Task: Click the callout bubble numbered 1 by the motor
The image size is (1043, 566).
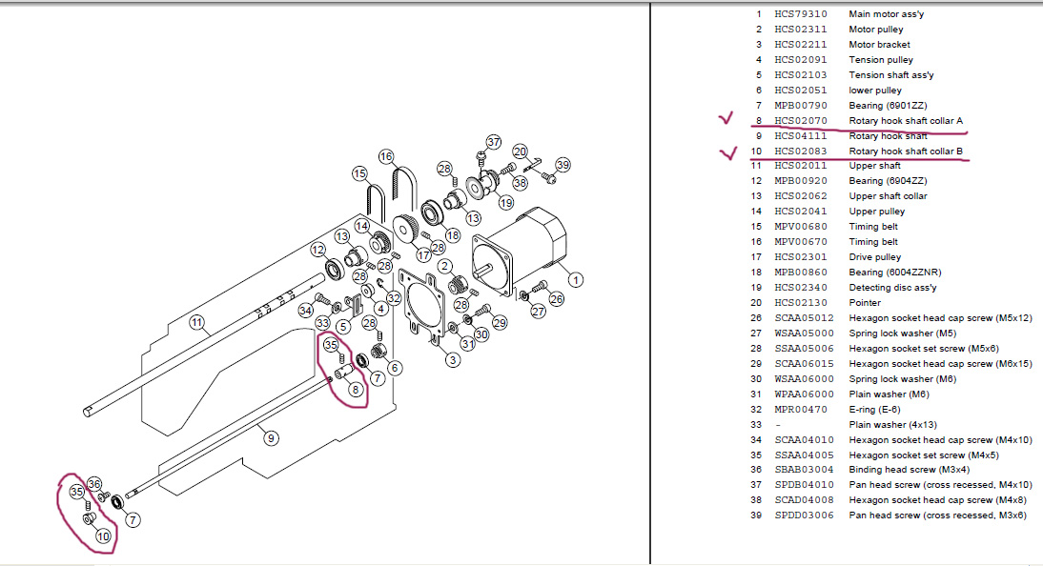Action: (576, 280)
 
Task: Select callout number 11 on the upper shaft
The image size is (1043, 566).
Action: (197, 323)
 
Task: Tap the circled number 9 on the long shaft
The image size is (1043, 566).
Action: (271, 438)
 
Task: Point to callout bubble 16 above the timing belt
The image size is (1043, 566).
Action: (386, 157)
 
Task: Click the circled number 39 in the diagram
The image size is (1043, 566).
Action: (562, 165)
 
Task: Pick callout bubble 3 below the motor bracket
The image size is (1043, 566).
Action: (453, 360)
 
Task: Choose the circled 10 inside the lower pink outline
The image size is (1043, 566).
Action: (103, 536)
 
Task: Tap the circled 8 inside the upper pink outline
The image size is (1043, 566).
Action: (356, 390)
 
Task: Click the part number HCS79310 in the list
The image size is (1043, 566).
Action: (801, 14)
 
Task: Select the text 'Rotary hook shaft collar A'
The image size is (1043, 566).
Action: (906, 120)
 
